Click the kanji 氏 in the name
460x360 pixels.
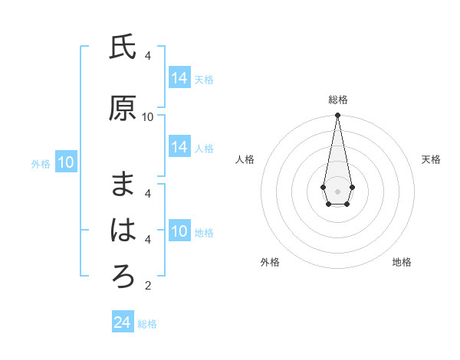123,48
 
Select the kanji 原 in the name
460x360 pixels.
123,108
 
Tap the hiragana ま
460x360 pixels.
123,183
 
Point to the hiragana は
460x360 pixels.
123,230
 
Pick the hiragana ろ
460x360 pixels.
123,277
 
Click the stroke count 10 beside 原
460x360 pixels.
148,117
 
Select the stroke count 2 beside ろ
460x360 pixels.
148,286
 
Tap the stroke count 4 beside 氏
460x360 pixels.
148,56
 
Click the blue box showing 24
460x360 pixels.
123,322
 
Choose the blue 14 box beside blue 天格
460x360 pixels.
179,78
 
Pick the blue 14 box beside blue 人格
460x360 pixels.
179,148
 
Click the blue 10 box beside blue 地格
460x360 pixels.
179,232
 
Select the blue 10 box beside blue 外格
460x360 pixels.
66,162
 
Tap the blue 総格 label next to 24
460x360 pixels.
147,324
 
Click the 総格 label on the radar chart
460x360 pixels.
338,100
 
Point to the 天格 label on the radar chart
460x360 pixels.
432,159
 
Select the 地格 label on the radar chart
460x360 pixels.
402,262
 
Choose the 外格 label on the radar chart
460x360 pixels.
270,262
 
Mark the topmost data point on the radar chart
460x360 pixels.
337,116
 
